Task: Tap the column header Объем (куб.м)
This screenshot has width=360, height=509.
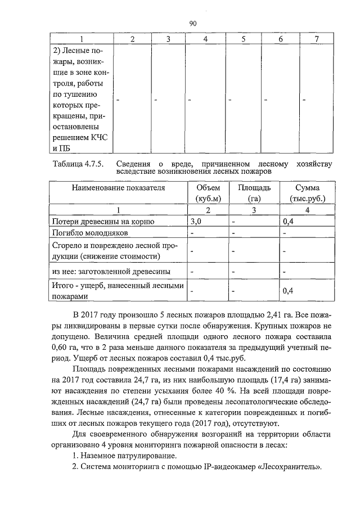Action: [208, 193]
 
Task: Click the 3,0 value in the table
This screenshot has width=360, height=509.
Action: [196, 222]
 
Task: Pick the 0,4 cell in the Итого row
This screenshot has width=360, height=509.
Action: [288, 291]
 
